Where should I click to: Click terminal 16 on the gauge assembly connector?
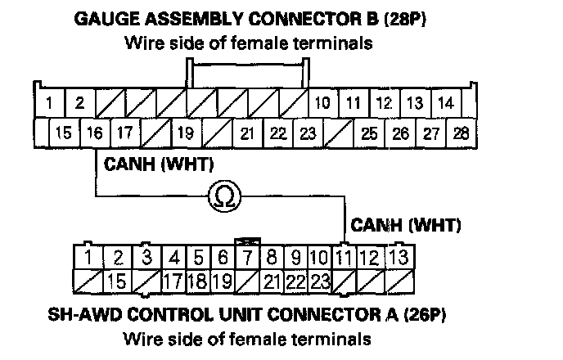coord(94,132)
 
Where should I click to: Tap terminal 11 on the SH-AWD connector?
coord(345,259)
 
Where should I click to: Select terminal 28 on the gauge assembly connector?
coord(461,132)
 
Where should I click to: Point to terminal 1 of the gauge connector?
coord(51,103)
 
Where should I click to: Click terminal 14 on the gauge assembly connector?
coord(446,103)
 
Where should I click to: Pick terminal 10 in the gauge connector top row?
coord(322,103)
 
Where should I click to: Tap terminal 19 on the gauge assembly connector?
coord(187,132)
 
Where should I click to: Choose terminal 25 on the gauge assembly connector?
coord(369,132)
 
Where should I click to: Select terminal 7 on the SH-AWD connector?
coord(246,259)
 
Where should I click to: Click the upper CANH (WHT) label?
coord(159,164)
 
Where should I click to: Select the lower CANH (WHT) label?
coord(405,223)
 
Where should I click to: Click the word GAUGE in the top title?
coord(104,19)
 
